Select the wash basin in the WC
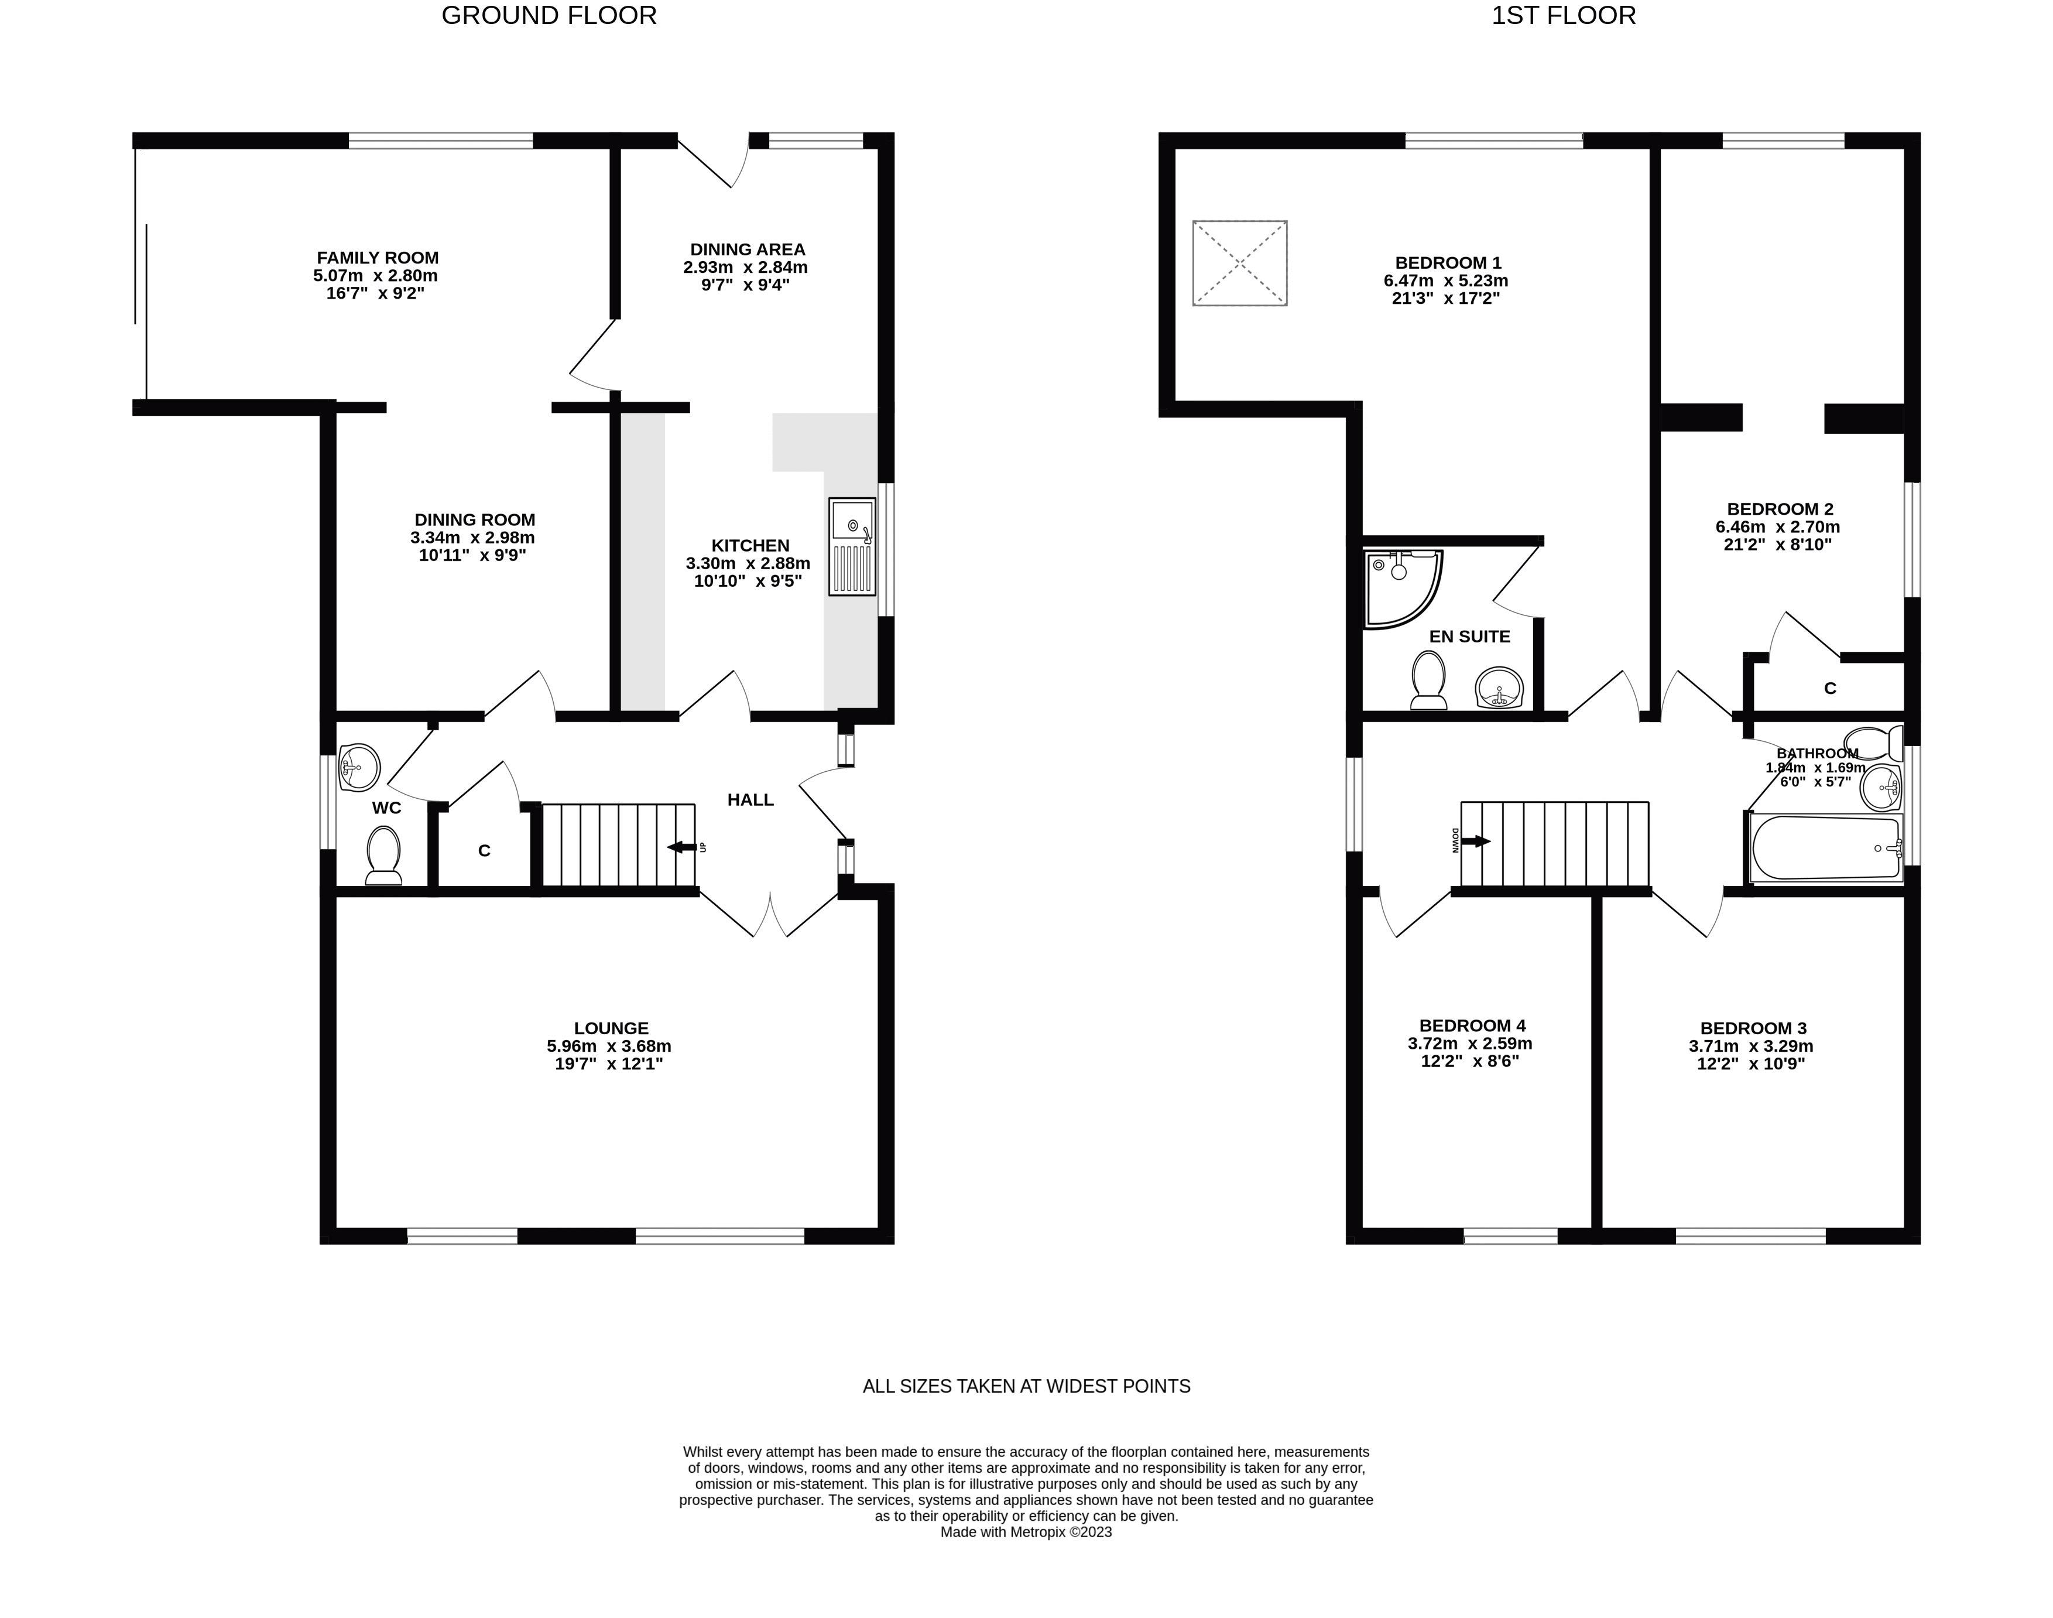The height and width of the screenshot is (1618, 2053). point(359,767)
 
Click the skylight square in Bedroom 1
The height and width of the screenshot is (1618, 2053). point(1239,262)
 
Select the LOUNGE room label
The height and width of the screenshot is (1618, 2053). point(611,1028)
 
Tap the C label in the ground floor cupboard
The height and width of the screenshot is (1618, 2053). point(484,851)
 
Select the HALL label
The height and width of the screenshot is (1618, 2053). point(750,799)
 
